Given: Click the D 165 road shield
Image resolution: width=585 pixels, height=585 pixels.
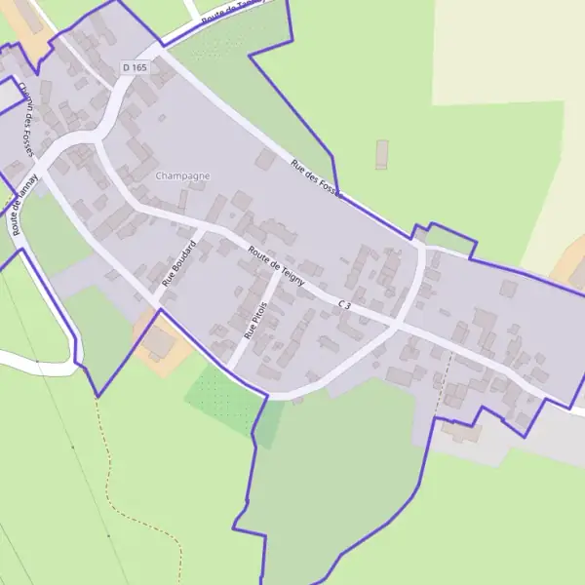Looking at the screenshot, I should click(x=135, y=66).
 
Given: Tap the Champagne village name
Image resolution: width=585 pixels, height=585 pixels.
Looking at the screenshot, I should click(x=182, y=175).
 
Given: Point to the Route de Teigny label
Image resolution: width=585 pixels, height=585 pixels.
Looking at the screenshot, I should click(x=277, y=266).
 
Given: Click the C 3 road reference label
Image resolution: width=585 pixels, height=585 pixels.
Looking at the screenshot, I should click(x=344, y=306).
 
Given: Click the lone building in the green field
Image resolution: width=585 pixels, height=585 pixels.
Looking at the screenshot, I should click(x=381, y=154).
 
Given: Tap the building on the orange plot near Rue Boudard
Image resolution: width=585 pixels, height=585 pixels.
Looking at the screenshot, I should click(x=157, y=341).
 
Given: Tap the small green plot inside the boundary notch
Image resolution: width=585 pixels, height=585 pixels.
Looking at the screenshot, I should click(x=448, y=238).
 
